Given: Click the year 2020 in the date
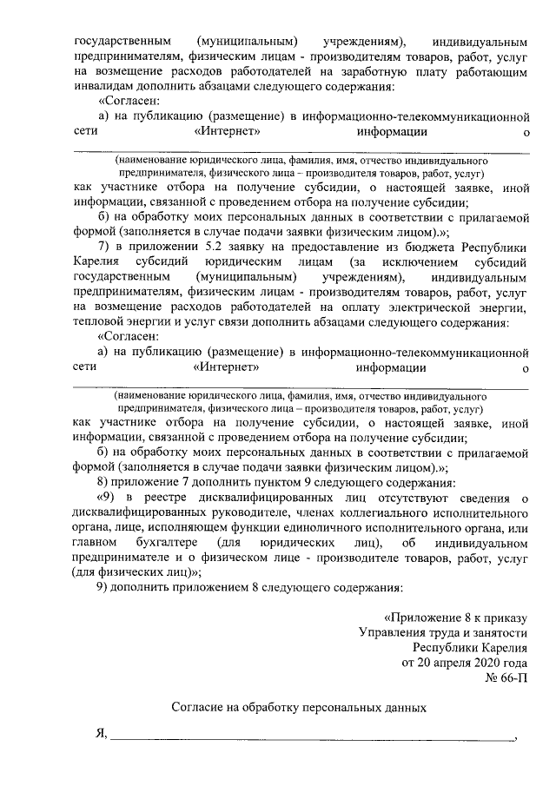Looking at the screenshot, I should click(482, 664).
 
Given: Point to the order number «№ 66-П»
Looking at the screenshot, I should click(506, 680).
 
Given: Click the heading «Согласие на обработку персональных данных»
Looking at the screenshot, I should click(299, 708).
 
